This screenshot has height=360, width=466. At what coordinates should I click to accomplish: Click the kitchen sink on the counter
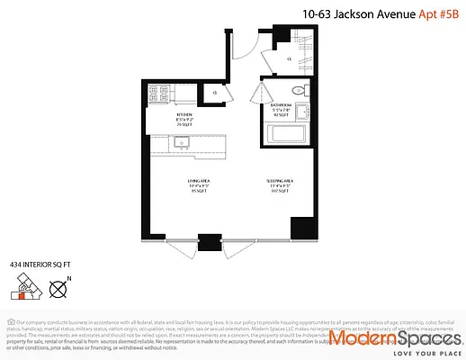(x=180, y=141)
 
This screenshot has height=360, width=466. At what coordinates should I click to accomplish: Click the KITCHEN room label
(x=185, y=114)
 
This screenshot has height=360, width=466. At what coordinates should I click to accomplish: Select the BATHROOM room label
(x=282, y=105)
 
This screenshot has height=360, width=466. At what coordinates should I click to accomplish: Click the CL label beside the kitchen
(x=215, y=92)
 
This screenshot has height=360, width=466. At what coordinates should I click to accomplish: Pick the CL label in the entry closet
(x=289, y=59)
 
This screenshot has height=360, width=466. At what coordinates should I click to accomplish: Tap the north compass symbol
(x=59, y=290)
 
